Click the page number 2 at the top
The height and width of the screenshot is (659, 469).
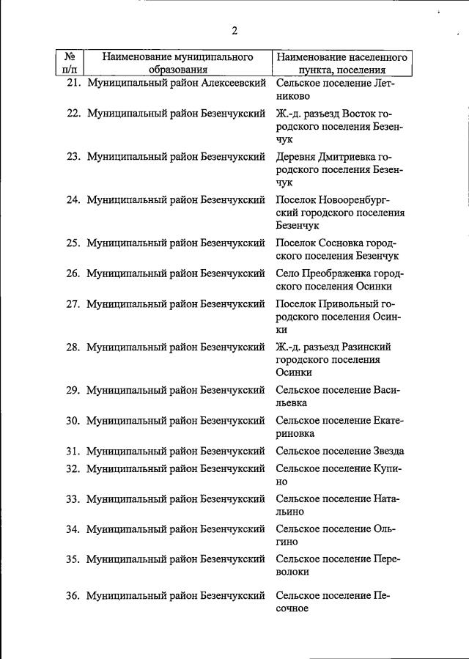(x=234, y=31)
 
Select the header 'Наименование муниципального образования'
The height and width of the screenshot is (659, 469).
(x=177, y=63)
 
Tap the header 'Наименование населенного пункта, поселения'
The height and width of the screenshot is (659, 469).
(x=342, y=63)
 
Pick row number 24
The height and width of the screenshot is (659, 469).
(x=73, y=199)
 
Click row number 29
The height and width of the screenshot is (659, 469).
(x=73, y=390)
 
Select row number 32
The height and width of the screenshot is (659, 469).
(x=73, y=468)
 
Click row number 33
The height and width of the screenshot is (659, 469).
(x=73, y=499)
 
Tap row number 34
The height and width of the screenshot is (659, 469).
(x=73, y=529)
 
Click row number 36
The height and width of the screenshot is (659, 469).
(x=73, y=595)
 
